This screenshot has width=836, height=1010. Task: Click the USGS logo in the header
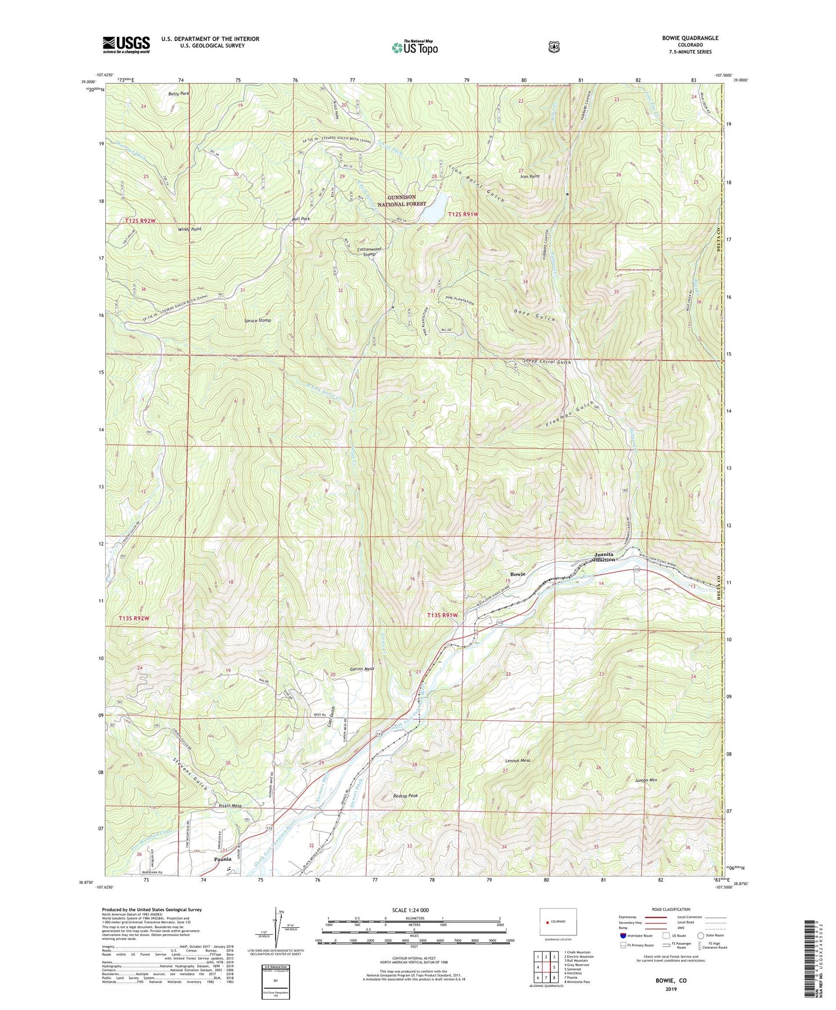tap(126, 45)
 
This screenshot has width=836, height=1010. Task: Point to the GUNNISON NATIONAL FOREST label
tap(402, 200)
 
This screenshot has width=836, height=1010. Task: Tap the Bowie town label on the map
tap(517, 574)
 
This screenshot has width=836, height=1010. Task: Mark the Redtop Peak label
tap(405, 796)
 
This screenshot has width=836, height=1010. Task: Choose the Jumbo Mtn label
tap(646, 780)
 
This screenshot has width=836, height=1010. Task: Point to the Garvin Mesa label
tap(362, 669)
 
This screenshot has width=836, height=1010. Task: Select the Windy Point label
tap(190, 229)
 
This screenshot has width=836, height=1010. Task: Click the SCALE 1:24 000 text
tap(410, 910)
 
